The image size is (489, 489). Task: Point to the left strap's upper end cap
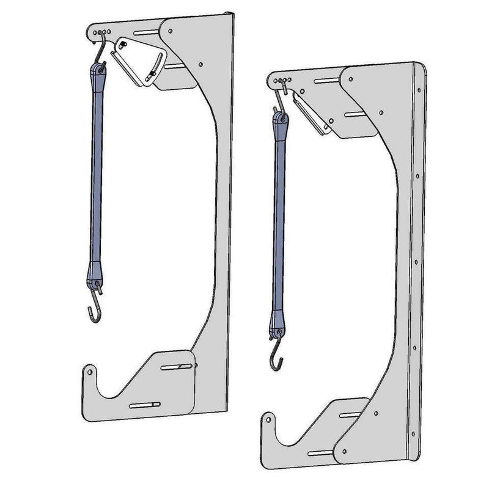coord(99,73)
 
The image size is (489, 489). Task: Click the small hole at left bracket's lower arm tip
coord(89,370)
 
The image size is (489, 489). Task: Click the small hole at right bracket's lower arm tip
coord(268,420)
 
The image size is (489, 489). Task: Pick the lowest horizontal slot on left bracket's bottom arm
coord(145,405)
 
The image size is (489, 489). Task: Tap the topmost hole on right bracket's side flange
coord(419,88)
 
